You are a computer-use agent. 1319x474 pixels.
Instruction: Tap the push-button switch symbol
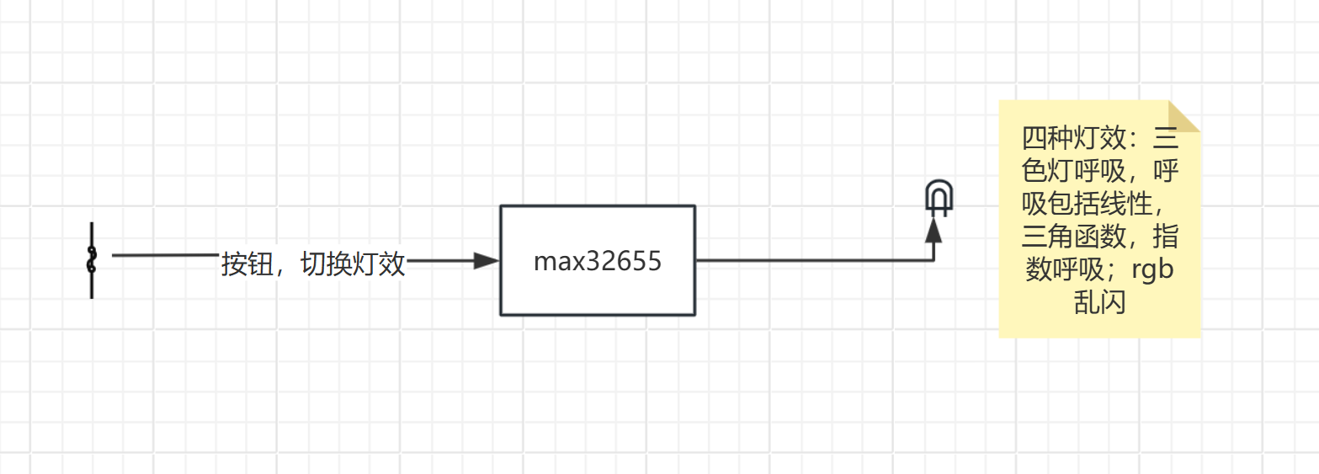coord(92,260)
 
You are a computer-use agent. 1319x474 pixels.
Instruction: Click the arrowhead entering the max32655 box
coord(487,261)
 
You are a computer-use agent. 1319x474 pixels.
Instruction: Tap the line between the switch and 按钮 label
coord(164,254)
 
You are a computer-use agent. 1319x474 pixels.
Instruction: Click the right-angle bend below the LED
coord(933,261)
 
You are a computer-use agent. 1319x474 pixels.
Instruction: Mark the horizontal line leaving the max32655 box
coord(808,261)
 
